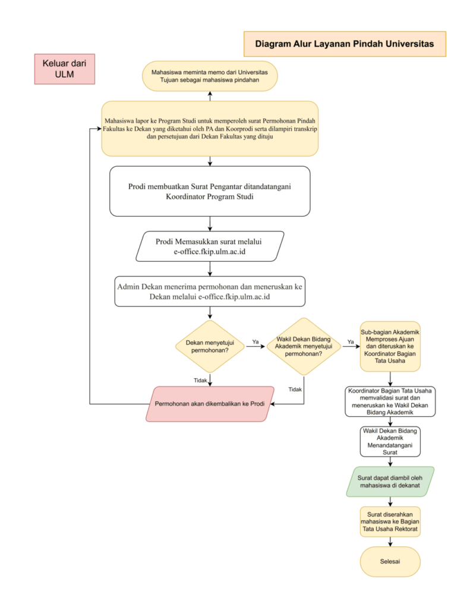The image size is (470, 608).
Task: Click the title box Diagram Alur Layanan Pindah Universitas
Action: click(345, 44)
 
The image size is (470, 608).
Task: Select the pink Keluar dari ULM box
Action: click(64, 69)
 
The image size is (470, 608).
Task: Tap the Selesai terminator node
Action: click(390, 562)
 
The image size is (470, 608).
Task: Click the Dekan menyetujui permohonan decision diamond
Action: click(210, 346)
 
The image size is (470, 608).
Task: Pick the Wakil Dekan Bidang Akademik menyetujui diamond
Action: click(304, 346)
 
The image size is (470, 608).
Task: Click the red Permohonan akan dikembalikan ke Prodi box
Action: click(210, 404)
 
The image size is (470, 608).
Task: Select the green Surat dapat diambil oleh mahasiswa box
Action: click(390, 482)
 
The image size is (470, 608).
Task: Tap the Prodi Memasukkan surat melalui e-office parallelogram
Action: click(210, 246)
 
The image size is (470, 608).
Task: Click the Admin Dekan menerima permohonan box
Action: click(210, 292)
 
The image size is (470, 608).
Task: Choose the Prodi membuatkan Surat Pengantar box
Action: click(210, 191)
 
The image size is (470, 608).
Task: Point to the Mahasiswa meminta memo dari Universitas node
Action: click(210, 76)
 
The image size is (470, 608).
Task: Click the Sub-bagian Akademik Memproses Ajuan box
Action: click(390, 346)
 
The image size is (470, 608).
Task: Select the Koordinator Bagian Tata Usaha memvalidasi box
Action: click(390, 402)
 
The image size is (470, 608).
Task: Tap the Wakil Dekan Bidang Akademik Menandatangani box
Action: click(390, 442)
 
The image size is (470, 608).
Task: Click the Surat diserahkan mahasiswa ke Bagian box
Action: click(390, 521)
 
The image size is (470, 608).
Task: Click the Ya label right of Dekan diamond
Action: click(255, 341)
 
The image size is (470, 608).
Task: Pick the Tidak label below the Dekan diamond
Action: click(200, 381)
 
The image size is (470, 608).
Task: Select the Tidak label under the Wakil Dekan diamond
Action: click(295, 389)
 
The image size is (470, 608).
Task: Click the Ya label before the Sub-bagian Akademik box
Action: click(351, 341)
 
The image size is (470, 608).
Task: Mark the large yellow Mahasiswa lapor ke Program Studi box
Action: click(210, 129)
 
